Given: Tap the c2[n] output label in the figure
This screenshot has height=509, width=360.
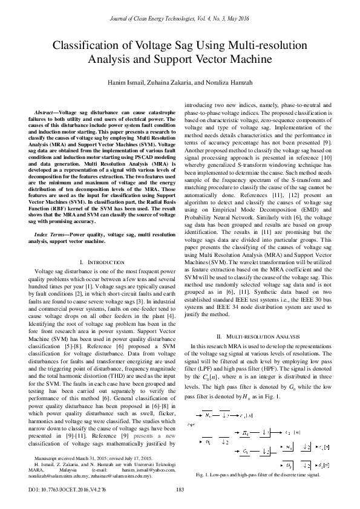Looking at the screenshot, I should tap(293, 432).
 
